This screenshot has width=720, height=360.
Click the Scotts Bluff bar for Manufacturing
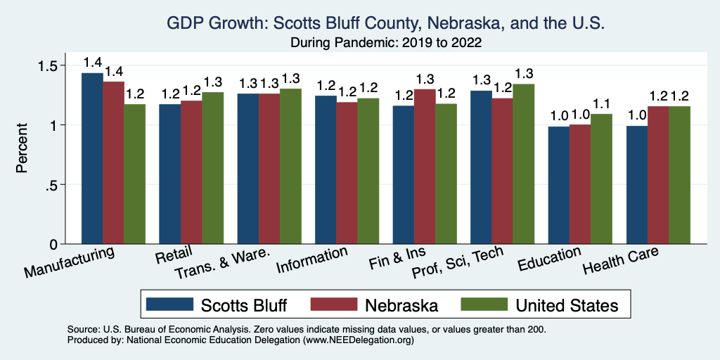pyautogui.click(x=92, y=158)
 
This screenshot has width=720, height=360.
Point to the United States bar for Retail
pyautogui.click(x=212, y=168)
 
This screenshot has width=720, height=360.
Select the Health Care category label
pyautogui.click(x=622, y=262)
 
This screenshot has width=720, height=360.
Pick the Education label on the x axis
pyautogui.click(x=549, y=259)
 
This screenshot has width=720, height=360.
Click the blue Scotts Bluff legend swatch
pyautogui.click(x=169, y=304)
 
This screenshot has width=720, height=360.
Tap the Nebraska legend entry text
pyautogui.click(x=401, y=305)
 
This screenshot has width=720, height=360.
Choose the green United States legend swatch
pyautogui.click(x=484, y=304)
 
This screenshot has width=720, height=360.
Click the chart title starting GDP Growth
pyautogui.click(x=385, y=23)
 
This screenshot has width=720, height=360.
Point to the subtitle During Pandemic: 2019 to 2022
pyautogui.click(x=385, y=42)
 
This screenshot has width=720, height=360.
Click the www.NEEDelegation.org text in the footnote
pyautogui.click(x=357, y=340)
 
